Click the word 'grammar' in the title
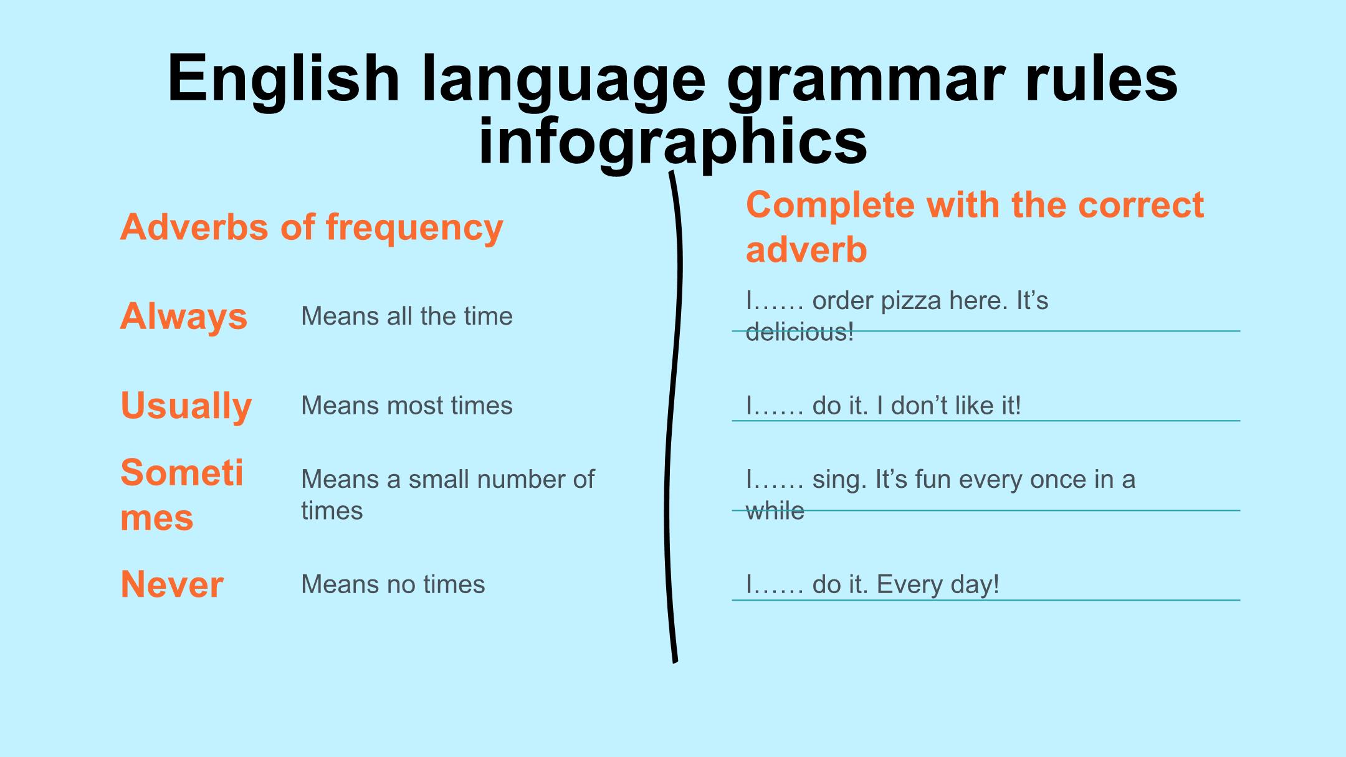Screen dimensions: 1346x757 (x=866, y=81)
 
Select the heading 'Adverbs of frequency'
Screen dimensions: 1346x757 (x=312, y=228)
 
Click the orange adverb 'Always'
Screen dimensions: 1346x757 (x=184, y=317)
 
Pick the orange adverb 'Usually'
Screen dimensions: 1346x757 (x=186, y=406)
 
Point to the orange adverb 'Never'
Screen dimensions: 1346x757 (x=172, y=584)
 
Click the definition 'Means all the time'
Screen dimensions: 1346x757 (x=407, y=317)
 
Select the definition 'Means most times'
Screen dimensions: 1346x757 (x=407, y=406)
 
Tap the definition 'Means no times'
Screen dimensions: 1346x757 (x=393, y=584)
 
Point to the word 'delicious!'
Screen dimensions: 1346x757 (x=800, y=332)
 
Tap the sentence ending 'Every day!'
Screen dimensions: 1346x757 (x=938, y=585)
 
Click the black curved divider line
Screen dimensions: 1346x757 (x=671, y=417)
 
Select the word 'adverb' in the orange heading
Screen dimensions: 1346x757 (x=806, y=250)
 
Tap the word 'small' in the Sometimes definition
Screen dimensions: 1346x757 (x=444, y=479)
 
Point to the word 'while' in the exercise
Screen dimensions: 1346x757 (x=775, y=511)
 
